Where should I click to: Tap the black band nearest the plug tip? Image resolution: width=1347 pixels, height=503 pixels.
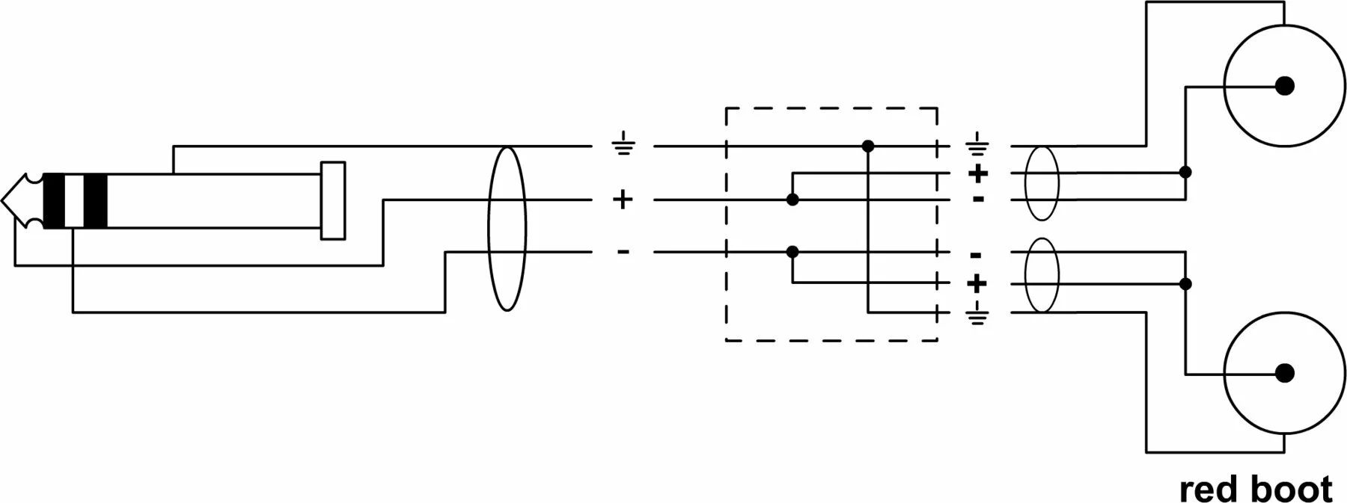[55, 200]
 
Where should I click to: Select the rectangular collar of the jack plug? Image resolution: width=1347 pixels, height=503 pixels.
[333, 200]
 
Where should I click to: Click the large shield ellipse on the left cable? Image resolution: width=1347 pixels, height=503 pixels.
[507, 228]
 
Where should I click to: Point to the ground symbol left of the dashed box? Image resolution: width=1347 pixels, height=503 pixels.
[623, 143]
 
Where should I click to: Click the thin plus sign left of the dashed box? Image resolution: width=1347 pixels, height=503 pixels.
[623, 200]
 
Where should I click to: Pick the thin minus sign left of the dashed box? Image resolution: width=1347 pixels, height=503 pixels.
[623, 252]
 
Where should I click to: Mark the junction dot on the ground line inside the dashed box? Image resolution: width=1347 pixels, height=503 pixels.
[868, 146]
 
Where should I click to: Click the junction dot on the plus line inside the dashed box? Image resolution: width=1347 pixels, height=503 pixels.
[792, 200]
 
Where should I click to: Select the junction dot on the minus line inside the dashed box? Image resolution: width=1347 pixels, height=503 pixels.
[792, 252]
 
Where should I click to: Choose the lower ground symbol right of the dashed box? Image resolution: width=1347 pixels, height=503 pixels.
[977, 317]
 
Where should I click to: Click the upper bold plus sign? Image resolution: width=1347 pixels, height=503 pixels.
[977, 173]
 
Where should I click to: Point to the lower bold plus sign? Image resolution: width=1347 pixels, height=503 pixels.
[977, 283]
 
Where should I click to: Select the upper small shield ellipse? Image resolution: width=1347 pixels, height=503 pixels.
[1041, 184]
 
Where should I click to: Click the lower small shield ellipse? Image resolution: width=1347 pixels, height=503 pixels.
[1041, 275]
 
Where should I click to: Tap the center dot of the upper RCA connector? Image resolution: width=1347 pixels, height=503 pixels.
[1284, 86]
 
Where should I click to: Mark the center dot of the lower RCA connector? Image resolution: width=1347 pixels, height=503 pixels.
[1284, 373]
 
